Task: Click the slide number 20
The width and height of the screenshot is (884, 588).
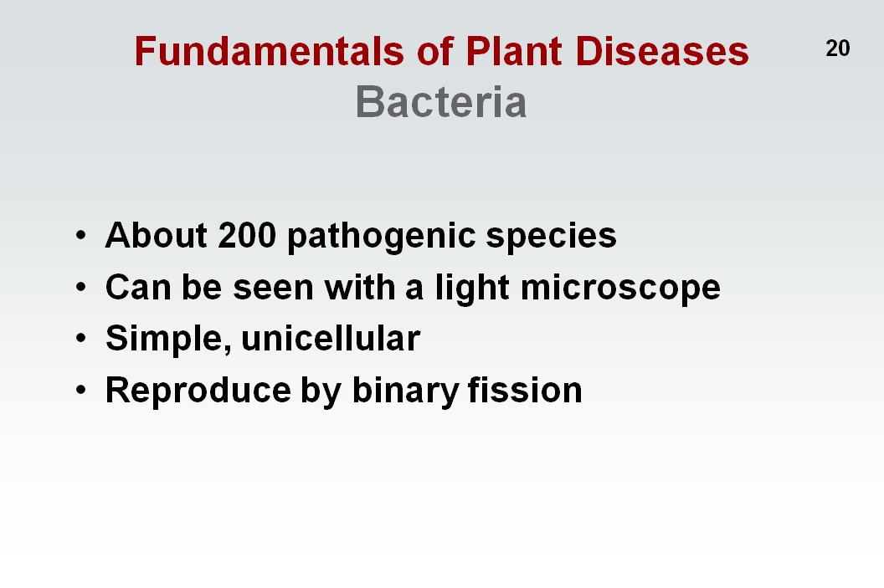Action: coord(837,49)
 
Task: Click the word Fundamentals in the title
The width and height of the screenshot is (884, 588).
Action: coord(270,51)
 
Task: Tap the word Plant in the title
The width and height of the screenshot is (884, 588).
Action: coord(514,51)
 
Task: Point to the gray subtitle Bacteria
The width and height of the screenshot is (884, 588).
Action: coord(441,102)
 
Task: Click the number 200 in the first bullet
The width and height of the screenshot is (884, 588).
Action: coord(247,235)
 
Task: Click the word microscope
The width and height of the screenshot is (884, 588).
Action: coord(620,289)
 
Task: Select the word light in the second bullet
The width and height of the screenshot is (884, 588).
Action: coord(472,289)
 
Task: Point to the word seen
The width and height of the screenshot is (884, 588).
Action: coord(274,288)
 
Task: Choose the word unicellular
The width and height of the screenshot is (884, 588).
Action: coord(331,338)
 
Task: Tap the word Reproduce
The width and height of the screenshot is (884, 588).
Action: coord(198,391)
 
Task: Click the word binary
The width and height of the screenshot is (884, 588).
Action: coord(406,391)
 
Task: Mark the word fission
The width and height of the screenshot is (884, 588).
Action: coord(525,390)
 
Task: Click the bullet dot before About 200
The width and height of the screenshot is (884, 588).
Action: coord(81,235)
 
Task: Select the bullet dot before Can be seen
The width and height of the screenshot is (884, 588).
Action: coord(81,287)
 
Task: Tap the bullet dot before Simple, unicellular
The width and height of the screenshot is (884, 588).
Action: coord(81,339)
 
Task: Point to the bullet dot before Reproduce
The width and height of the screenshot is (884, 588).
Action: coord(81,391)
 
